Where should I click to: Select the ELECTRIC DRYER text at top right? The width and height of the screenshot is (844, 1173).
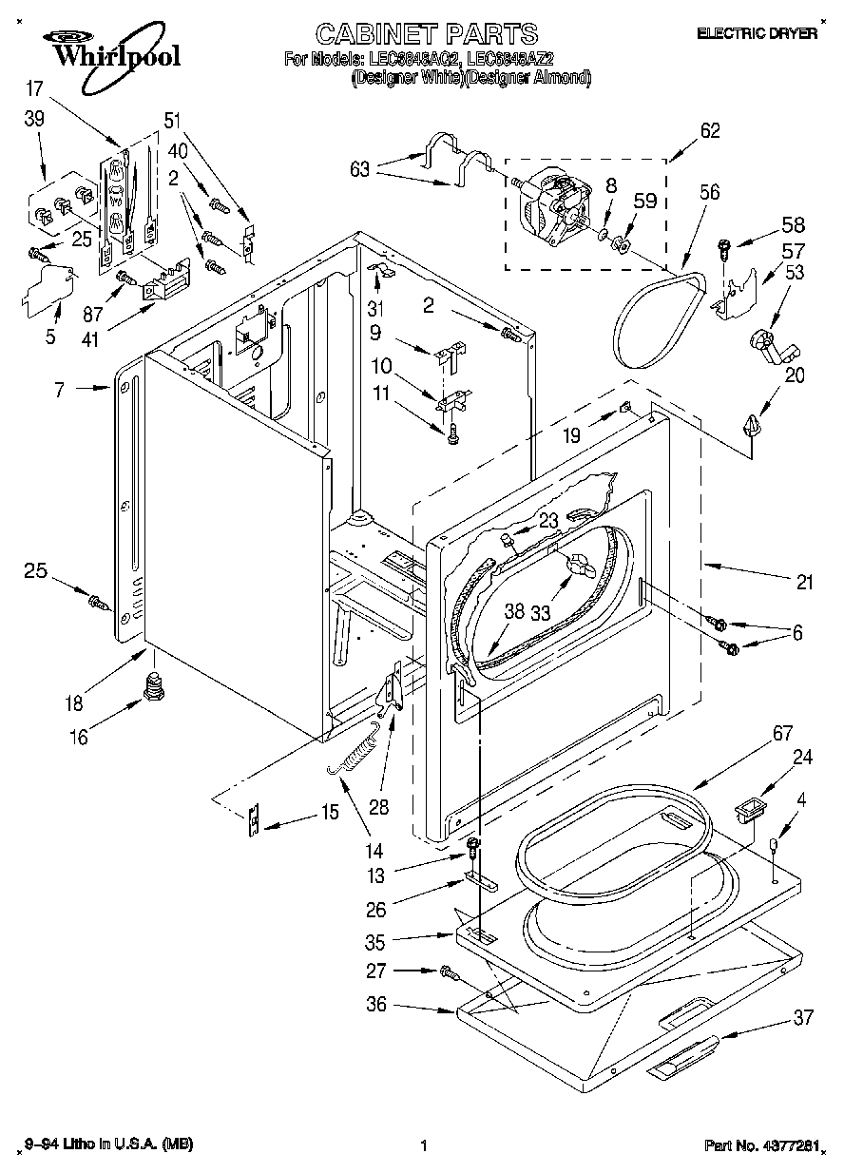758,33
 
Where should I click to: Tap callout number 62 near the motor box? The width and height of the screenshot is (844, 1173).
709,132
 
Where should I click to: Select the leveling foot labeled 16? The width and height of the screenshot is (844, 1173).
151,686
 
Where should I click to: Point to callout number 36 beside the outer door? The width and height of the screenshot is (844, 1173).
377,1004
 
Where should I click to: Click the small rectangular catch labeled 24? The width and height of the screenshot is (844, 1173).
750,811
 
